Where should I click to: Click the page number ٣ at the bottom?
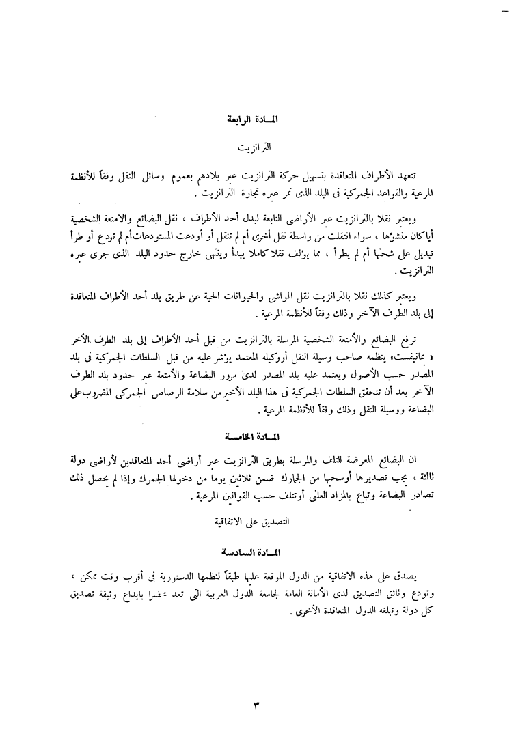[257, 703]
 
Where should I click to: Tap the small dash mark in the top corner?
[506, 12]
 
